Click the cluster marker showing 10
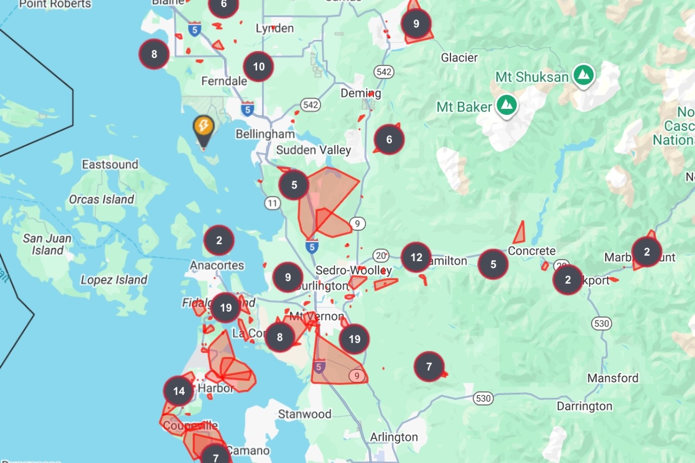[x=259, y=67]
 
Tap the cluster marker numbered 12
[x=416, y=257]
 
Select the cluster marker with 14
[x=179, y=391]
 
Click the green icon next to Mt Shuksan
[x=583, y=75]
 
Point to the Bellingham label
[x=265, y=134]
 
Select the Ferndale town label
[x=224, y=81]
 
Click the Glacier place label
[x=459, y=57]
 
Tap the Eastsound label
[x=110, y=164]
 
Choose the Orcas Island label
[x=101, y=200]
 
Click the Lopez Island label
[x=114, y=280]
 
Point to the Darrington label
[x=584, y=406]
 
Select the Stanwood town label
[x=304, y=414]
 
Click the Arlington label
[x=394, y=437]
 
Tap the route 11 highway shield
[x=272, y=203]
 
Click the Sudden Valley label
[x=314, y=150]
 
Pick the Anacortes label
[x=217, y=265]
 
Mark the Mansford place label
[x=613, y=378]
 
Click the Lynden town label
[x=275, y=28]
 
